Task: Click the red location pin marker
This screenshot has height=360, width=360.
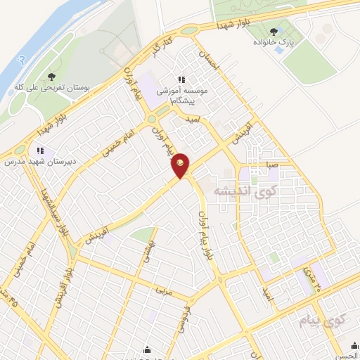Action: pos(181,165)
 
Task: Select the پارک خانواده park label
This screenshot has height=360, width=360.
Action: pos(274,44)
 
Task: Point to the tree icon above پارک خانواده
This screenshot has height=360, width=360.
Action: pos(274,31)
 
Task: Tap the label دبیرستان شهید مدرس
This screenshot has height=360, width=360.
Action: pos(39,162)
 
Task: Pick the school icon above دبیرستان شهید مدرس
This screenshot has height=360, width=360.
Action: pos(40,150)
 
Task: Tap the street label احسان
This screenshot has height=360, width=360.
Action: pos(210,63)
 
